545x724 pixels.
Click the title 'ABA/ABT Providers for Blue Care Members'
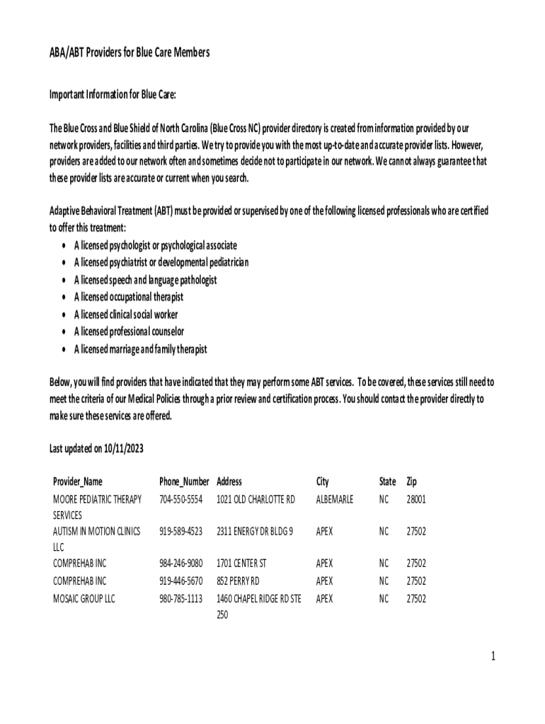(x=130, y=53)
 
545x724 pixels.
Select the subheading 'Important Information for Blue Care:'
(x=112, y=94)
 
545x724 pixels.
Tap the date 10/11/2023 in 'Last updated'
(x=125, y=449)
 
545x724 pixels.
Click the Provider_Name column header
(x=78, y=482)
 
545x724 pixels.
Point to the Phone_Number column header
(x=184, y=482)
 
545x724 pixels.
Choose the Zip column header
(x=411, y=482)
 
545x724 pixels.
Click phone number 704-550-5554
(x=181, y=499)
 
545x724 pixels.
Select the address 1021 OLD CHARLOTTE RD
(x=256, y=499)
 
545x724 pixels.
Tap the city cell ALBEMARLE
(x=335, y=499)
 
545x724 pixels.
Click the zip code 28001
(x=415, y=499)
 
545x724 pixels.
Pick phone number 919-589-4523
(x=181, y=531)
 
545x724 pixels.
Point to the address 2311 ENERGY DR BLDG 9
(x=255, y=531)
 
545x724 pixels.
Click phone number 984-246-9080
(x=181, y=564)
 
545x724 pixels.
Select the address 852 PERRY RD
(x=239, y=581)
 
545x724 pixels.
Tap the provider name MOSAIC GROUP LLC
(x=84, y=599)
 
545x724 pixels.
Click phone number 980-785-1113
(x=181, y=599)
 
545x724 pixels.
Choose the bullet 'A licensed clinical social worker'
(x=126, y=315)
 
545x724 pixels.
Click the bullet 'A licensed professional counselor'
(x=129, y=332)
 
